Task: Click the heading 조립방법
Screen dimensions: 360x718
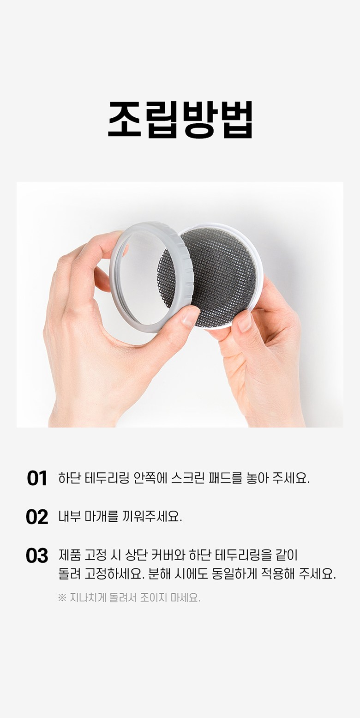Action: click(x=180, y=120)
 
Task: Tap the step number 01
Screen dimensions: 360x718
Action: click(x=37, y=478)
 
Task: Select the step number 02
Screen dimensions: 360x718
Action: click(x=37, y=517)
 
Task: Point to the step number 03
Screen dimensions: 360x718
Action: click(x=37, y=555)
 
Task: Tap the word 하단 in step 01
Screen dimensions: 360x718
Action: click(x=69, y=478)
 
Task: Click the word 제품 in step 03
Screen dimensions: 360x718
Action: click(x=69, y=555)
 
